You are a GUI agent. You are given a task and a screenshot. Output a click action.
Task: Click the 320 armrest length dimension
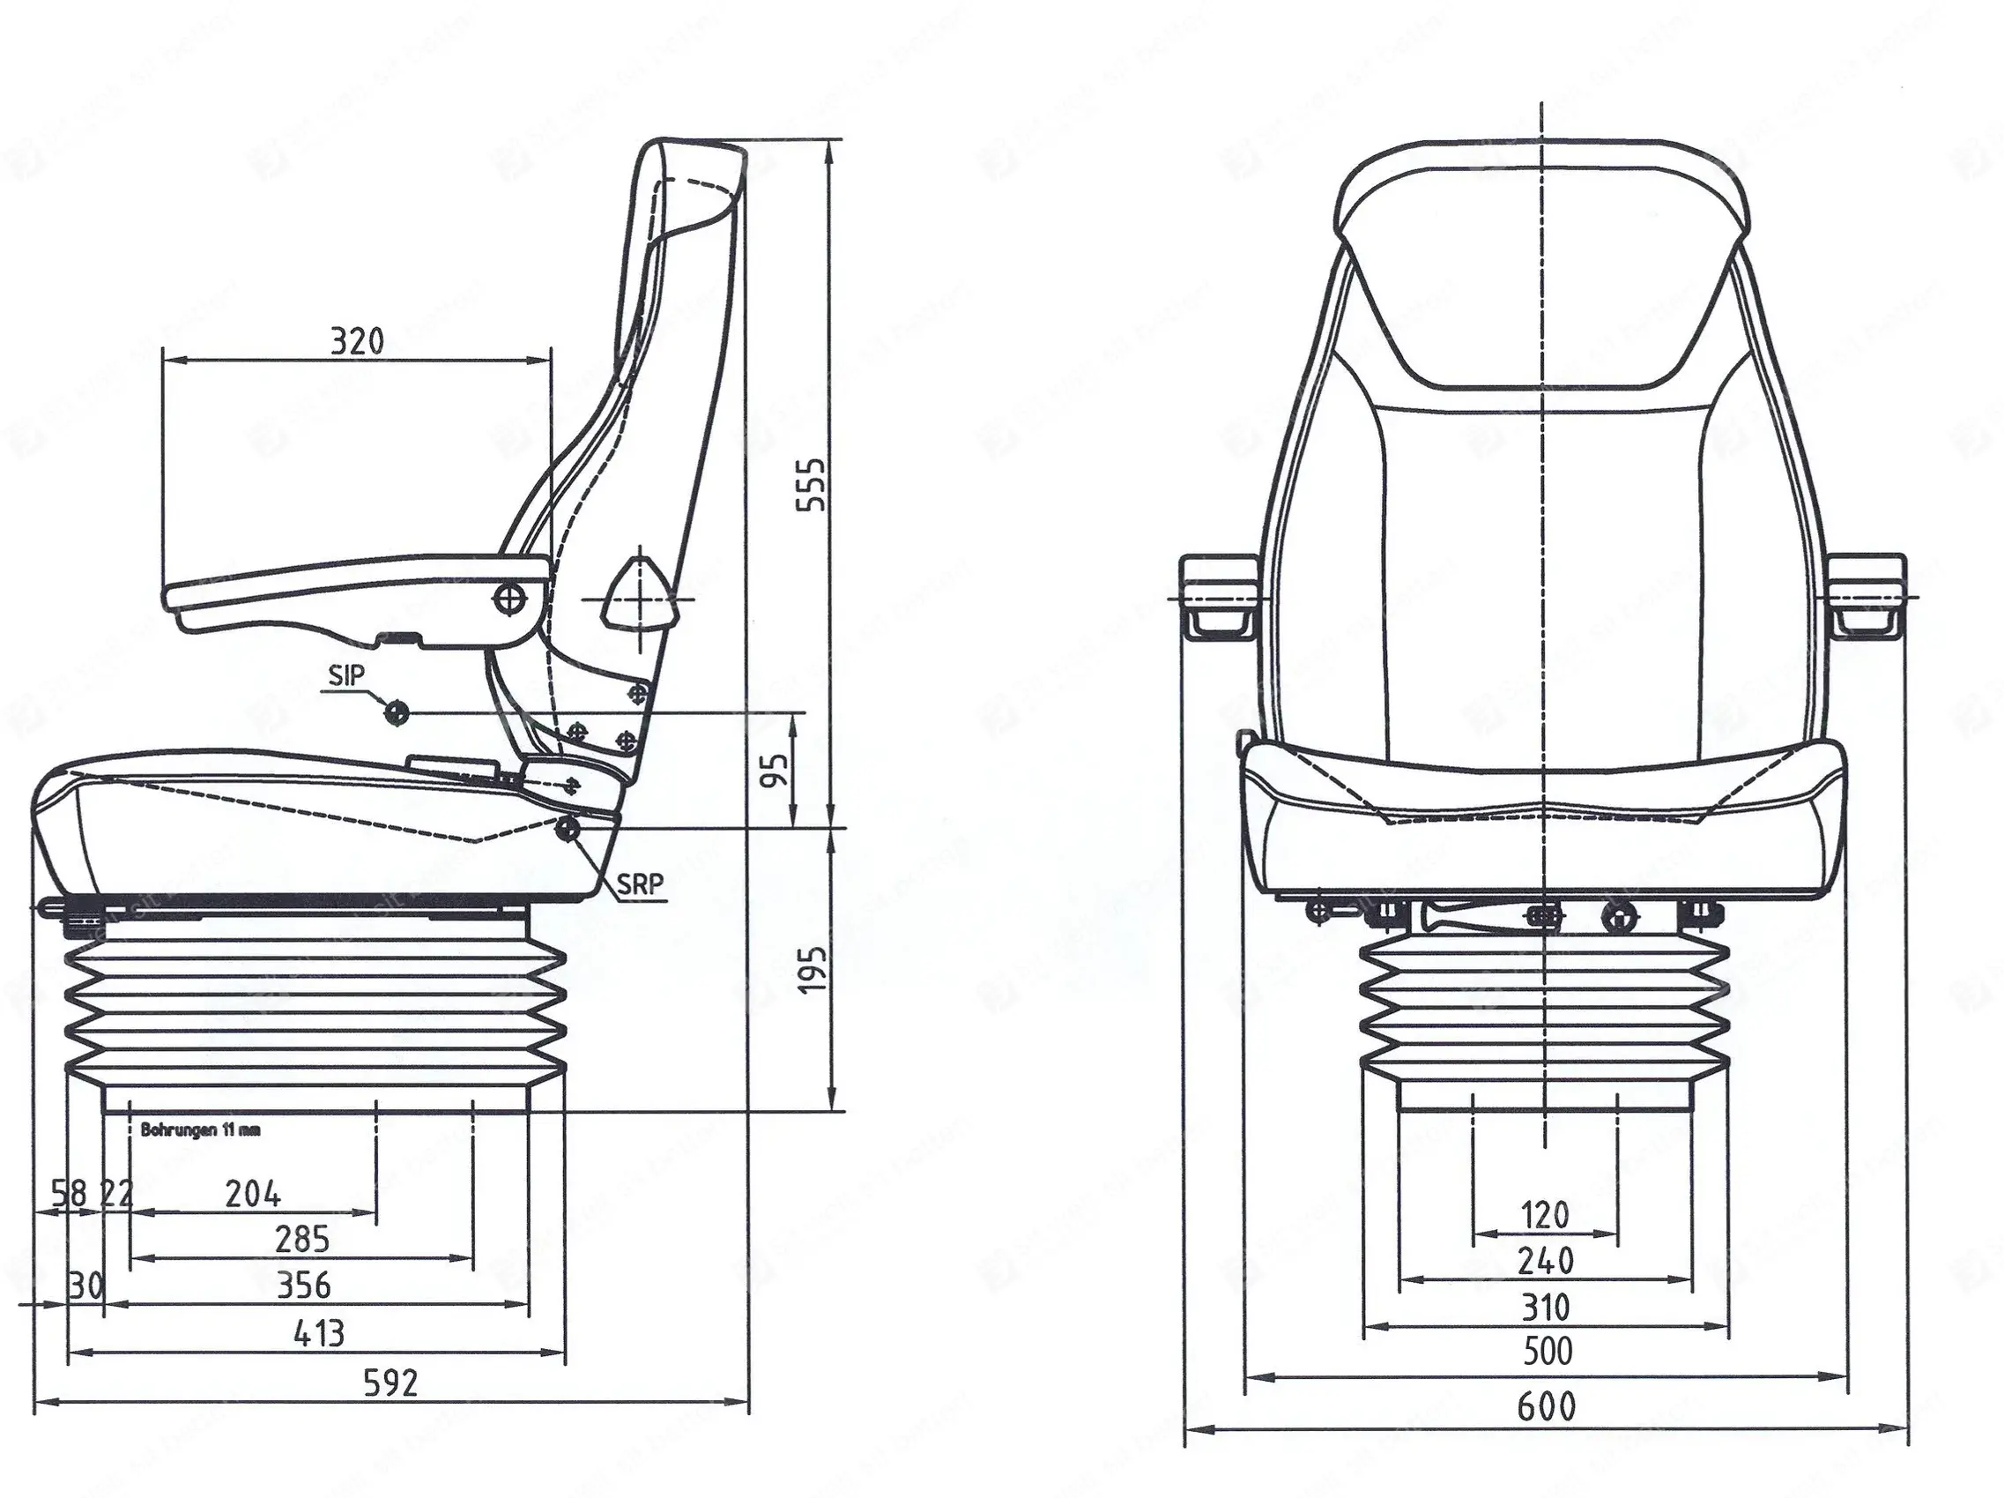[x=356, y=341]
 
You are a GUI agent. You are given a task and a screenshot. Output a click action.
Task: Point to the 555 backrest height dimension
[x=812, y=485]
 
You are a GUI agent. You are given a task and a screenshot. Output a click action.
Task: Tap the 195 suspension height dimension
[x=813, y=969]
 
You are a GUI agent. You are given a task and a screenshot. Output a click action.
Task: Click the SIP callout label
[x=346, y=675]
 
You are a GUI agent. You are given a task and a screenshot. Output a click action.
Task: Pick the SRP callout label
[x=641, y=883]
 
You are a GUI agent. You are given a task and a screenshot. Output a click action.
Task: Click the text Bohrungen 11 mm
[x=200, y=1130]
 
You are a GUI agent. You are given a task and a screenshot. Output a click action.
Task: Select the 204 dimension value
[x=253, y=1195]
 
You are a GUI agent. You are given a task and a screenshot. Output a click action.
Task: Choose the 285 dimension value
[x=302, y=1240]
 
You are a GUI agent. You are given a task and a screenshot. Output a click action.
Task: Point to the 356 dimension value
[x=304, y=1285]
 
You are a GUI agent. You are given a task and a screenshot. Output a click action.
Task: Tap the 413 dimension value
[x=319, y=1333]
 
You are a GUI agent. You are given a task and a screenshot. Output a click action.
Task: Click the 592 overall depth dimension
[x=390, y=1382]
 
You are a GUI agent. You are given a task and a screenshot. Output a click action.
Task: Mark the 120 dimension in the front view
[x=1545, y=1214]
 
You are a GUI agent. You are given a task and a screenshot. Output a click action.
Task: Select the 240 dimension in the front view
[x=1545, y=1261]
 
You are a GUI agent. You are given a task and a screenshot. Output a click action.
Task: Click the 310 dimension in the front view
[x=1545, y=1308]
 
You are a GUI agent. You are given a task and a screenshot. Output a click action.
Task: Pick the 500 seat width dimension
[x=1547, y=1351]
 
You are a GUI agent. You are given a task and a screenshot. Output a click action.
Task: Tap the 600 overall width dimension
[x=1547, y=1405]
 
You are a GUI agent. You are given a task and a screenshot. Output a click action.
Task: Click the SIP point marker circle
[x=396, y=713]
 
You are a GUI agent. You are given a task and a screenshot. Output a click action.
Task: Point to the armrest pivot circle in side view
[x=510, y=598]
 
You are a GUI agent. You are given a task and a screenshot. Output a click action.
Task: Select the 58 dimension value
[x=69, y=1194]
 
